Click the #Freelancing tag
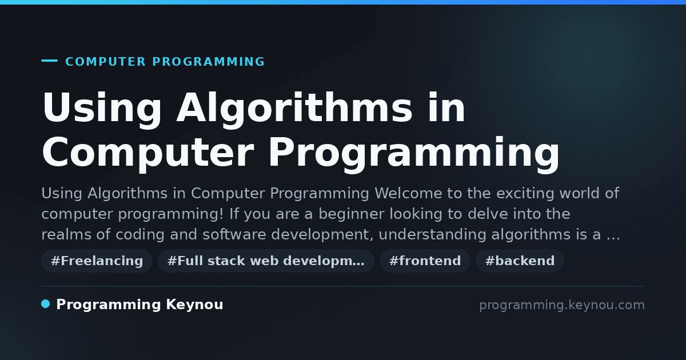click(x=97, y=261)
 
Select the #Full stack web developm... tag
click(x=266, y=261)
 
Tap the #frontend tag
click(x=425, y=261)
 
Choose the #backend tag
click(x=520, y=261)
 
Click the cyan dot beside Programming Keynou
click(x=45, y=304)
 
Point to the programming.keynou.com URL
click(x=562, y=305)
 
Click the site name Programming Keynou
click(x=139, y=305)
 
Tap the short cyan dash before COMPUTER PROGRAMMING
click(x=49, y=61)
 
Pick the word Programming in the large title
click(x=414, y=154)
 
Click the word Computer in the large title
click(x=148, y=153)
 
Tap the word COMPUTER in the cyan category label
click(x=105, y=62)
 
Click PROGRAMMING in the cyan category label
click(x=209, y=62)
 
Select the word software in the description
click(x=234, y=234)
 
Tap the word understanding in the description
click(x=432, y=234)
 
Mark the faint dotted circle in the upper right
click(x=590, y=57)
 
